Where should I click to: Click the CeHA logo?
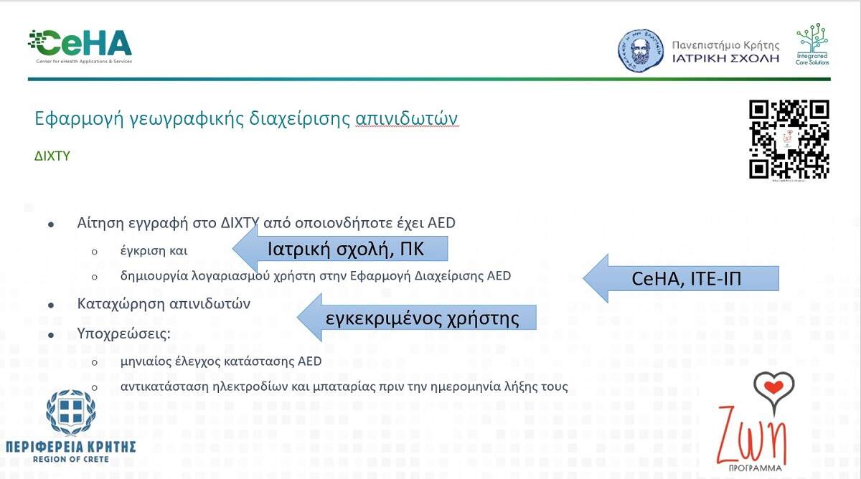click(80, 47)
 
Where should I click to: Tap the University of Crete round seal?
click(640, 51)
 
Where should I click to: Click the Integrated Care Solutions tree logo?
click(812, 44)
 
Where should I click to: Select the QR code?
click(789, 139)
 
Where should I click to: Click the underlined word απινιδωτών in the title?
click(406, 118)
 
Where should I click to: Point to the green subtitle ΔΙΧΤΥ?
click(52, 156)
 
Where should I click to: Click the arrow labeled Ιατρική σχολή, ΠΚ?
click(340, 249)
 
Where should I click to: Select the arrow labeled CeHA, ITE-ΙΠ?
click(681, 278)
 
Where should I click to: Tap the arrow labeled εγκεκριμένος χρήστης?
click(417, 317)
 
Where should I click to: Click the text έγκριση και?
click(154, 251)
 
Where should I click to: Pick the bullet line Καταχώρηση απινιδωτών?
click(164, 304)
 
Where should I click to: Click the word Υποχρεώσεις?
click(123, 333)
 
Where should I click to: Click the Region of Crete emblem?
click(71, 412)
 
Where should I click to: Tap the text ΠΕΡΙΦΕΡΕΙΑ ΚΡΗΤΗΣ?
click(71, 447)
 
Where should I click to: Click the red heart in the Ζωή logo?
click(773, 387)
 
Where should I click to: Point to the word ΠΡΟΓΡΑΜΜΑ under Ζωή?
click(756, 468)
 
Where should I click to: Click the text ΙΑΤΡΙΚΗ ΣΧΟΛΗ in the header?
click(725, 58)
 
